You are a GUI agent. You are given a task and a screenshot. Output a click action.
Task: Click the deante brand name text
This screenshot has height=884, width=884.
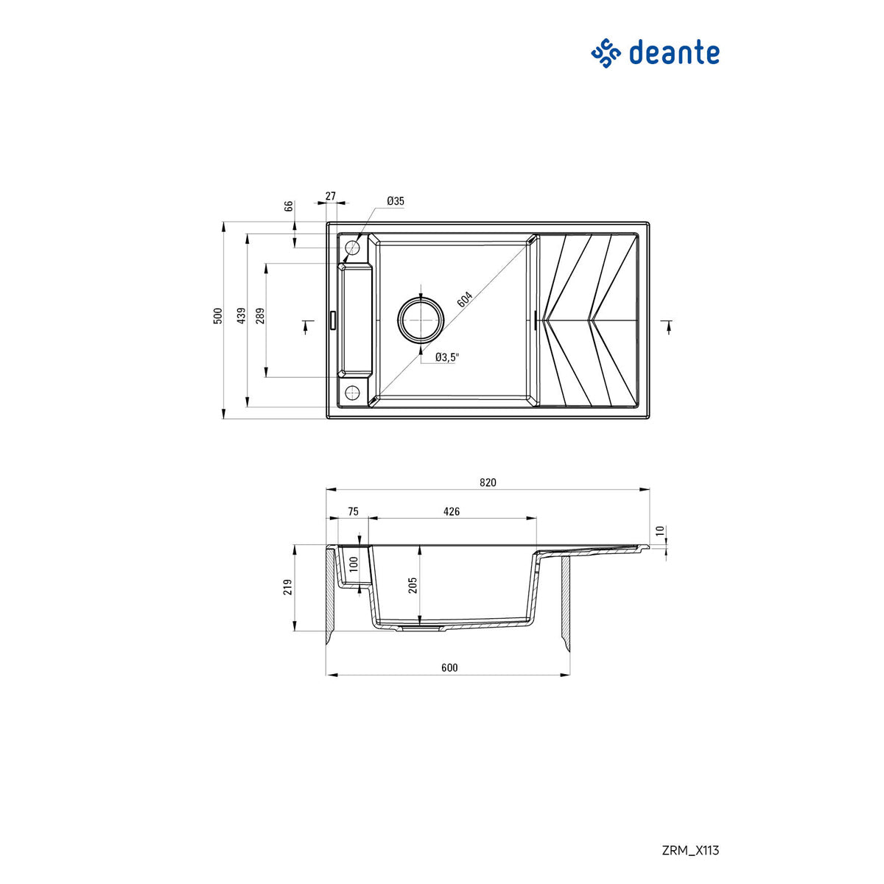point(673,53)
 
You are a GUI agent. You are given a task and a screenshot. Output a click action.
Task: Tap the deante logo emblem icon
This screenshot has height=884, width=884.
point(606,54)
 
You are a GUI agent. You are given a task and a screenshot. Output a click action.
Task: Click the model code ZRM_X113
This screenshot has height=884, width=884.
point(690,850)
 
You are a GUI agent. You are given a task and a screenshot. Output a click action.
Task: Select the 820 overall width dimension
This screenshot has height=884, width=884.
point(488,483)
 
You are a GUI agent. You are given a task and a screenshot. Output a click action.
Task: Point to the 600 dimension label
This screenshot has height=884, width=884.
point(449,667)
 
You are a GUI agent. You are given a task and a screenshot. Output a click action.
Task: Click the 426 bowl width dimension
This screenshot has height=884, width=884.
point(452,511)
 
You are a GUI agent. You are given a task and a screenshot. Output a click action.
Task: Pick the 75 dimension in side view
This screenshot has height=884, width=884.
point(353,511)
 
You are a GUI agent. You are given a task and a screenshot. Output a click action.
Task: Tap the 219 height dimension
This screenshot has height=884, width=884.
point(288,587)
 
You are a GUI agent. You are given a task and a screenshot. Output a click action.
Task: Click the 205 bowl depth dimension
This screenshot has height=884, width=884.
point(413,585)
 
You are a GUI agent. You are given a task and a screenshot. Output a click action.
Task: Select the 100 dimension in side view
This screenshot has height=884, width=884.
point(354,566)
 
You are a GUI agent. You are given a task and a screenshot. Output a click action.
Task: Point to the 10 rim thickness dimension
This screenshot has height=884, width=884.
point(660,530)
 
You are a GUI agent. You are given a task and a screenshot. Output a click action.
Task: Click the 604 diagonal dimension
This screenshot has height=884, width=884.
point(465,300)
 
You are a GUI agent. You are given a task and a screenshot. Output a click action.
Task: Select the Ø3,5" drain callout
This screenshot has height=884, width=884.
point(446,357)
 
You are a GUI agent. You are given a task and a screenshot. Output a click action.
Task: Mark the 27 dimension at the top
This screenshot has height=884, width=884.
point(330,196)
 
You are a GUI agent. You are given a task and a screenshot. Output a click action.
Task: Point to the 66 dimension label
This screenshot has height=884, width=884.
point(290,206)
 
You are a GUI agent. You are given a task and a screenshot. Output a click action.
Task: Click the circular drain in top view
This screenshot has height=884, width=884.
point(421,319)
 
